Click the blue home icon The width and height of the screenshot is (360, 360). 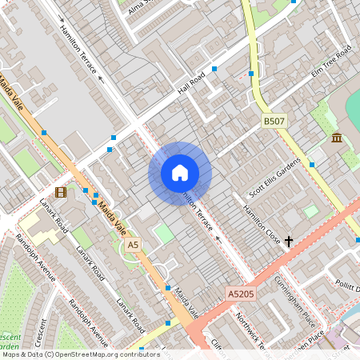(x=180, y=173)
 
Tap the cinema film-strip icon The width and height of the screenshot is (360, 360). (x=62, y=192)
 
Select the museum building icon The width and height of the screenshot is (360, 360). (x=337, y=138)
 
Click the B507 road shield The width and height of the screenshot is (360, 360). (x=274, y=122)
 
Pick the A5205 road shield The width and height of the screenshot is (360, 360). (x=240, y=294)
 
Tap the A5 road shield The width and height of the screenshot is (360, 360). (x=133, y=244)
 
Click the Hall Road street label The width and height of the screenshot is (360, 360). (x=192, y=83)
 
